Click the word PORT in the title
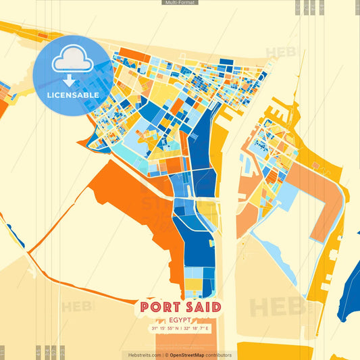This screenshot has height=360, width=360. point(159,307)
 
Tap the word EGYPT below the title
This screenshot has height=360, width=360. point(180,319)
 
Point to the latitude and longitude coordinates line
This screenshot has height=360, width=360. point(180,328)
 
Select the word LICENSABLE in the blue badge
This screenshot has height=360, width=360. point(73,95)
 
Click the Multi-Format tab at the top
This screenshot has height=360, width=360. point(180,3)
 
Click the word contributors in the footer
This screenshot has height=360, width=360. point(220,355)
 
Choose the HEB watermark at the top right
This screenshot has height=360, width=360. point(280,53)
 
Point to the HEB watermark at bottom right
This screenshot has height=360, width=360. point(277,307)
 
